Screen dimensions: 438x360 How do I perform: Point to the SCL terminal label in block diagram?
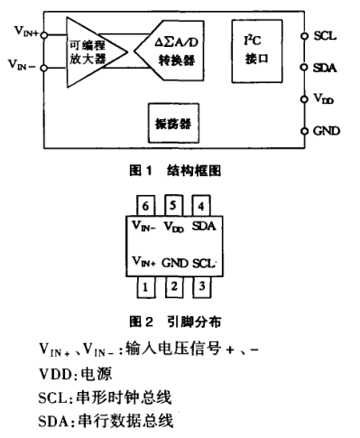point(324,38)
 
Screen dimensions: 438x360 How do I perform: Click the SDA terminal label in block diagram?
point(325,67)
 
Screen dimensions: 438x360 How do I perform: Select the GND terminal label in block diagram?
point(326,131)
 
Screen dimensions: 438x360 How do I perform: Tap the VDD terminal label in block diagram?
point(324,100)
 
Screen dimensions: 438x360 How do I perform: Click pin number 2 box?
point(174,288)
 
